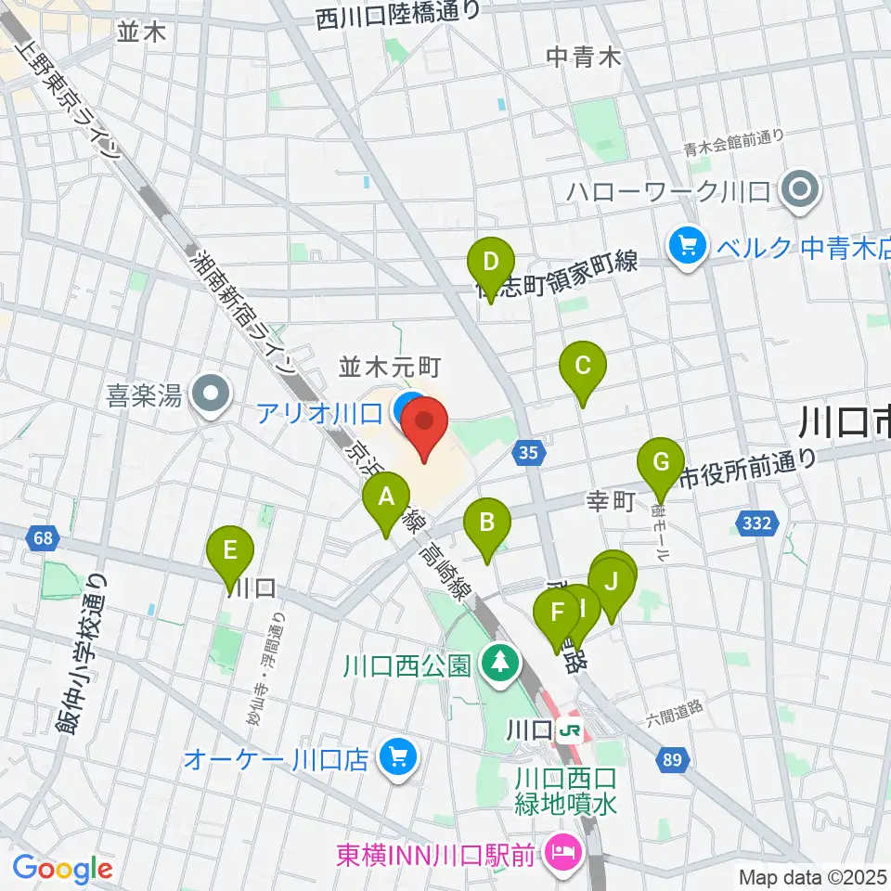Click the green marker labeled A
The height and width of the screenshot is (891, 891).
point(386,498)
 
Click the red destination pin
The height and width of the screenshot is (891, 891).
point(426,422)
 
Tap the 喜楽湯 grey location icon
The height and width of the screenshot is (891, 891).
point(212,395)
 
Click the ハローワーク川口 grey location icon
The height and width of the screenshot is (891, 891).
point(798,192)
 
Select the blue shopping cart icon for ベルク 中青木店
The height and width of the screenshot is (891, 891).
point(688,246)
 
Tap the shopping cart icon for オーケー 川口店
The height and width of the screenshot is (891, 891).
point(398,758)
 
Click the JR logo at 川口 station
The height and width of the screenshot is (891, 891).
point(571,730)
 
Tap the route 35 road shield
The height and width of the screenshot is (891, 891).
point(526,452)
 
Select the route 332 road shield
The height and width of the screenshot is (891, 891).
point(757,524)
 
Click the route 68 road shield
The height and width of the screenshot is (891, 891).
point(40,536)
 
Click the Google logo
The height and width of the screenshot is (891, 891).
point(62,870)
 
